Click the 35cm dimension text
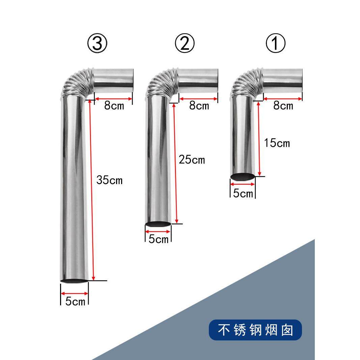[x=109, y=180]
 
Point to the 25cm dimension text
[x=192, y=160]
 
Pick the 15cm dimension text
[x=277, y=143]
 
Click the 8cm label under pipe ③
[x=114, y=106]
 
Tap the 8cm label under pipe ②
[x=199, y=106]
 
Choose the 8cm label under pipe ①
[x=283, y=106]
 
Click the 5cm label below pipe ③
[x=75, y=301]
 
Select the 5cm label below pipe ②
[x=159, y=239]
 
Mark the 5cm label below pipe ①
[x=243, y=194]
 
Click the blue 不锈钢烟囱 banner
[x=255, y=330]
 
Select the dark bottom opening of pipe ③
[x=74, y=281]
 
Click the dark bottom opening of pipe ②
[x=158, y=224]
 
